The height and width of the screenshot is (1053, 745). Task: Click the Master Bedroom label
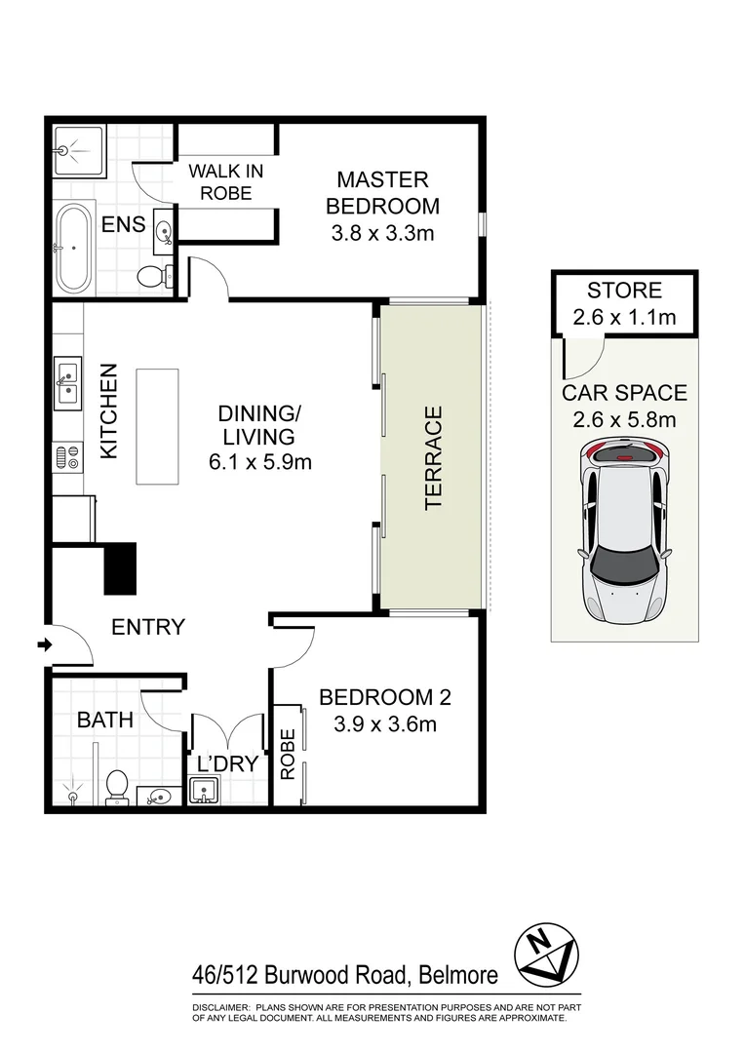click(382, 192)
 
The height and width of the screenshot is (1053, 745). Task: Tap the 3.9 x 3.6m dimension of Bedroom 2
click(384, 724)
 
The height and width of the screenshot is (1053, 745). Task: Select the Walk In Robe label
click(225, 181)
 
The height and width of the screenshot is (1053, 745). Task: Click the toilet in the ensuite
click(150, 276)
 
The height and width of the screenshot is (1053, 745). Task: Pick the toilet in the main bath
click(117, 785)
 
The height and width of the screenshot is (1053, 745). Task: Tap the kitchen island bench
click(158, 426)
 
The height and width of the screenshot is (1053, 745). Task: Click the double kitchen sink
click(67, 382)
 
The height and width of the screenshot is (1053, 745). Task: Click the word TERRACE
click(434, 457)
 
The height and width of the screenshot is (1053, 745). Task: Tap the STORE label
click(624, 291)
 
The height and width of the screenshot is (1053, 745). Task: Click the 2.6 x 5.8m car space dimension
click(624, 420)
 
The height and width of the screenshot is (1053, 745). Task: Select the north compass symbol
click(548, 952)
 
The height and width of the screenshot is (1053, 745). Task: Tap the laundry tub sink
click(206, 795)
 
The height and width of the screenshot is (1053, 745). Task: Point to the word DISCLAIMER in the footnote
click(221, 1006)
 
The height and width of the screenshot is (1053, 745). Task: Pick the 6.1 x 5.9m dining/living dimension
click(260, 462)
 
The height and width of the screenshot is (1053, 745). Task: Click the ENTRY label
click(148, 627)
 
